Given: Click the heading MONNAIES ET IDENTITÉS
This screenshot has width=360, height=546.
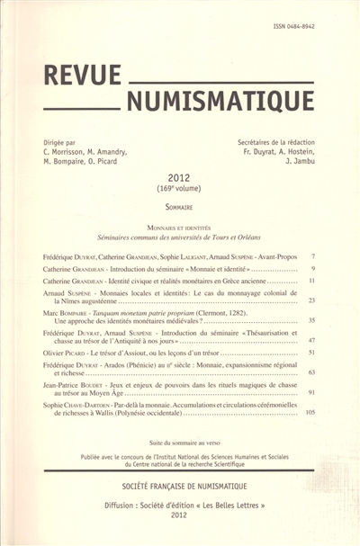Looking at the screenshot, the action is point(180,230).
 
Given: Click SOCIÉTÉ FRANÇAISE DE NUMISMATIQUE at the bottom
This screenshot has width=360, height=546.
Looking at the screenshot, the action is point(180,484).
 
